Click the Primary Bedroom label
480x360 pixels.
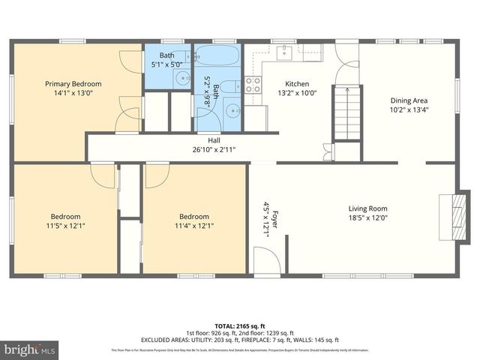73,84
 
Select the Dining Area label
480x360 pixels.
409,100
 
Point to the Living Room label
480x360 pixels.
367,208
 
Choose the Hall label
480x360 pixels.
214,140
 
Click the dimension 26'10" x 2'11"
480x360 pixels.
214,149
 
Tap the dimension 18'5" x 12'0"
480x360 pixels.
367,218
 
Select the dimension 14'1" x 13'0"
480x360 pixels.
73,94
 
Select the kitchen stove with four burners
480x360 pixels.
253,85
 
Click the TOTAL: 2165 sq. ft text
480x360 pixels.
239,325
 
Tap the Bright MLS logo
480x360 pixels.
30,349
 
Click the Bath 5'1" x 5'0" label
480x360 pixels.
166,60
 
